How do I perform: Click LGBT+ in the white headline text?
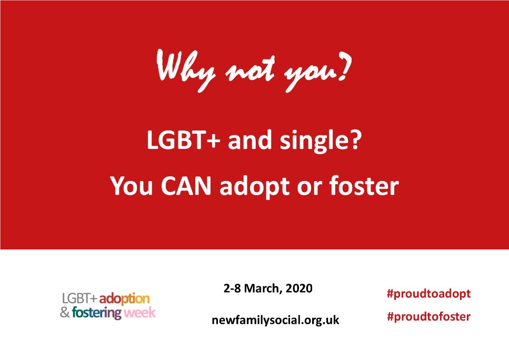176,142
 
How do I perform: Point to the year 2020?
300,288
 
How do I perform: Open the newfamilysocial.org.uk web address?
275,319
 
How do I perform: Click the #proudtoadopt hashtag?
428,294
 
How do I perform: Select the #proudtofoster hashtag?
428,317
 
